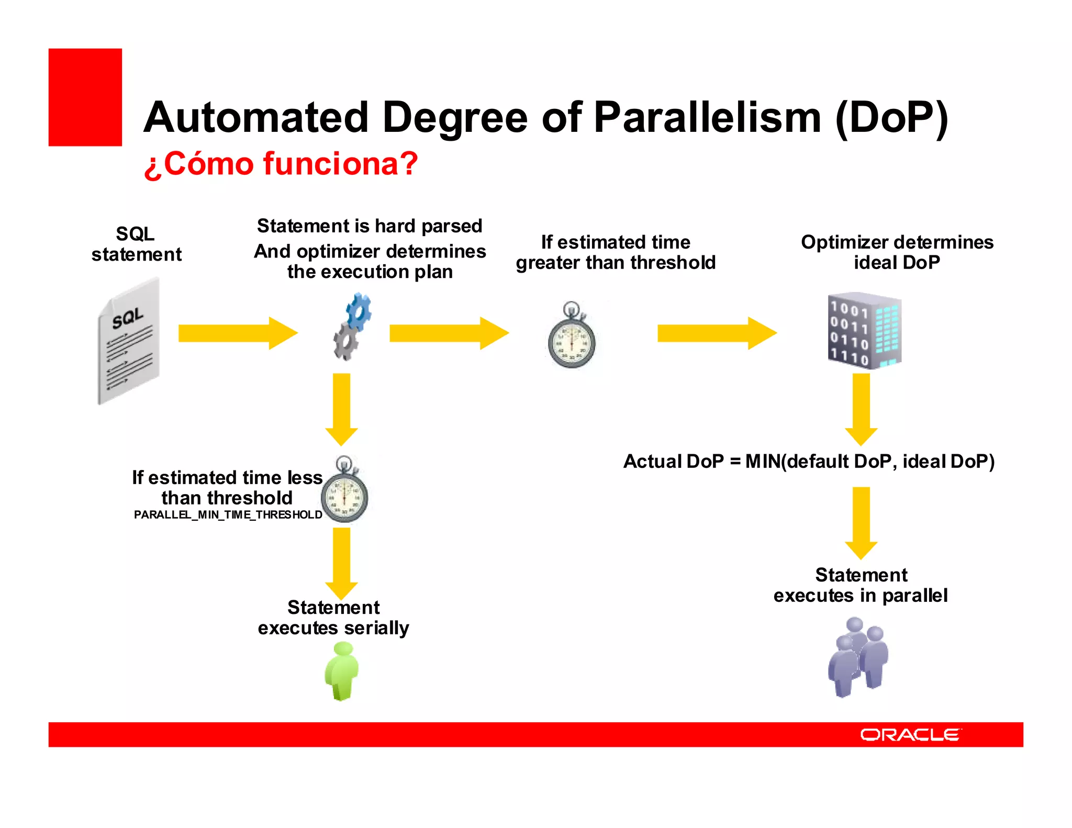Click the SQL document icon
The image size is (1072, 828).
tap(129, 342)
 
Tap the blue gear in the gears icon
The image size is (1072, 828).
tap(359, 312)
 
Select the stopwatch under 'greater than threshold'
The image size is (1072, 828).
tap(571, 338)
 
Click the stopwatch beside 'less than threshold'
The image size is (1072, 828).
tap(344, 492)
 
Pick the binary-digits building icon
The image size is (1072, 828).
tap(864, 331)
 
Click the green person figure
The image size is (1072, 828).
tap(342, 671)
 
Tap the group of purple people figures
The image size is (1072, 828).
tap(858, 657)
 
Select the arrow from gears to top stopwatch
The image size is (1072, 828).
tap(449, 333)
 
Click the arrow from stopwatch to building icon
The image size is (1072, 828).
tap(717, 333)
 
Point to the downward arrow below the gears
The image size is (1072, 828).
tap(341, 409)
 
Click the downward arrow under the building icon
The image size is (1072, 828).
tap(861, 409)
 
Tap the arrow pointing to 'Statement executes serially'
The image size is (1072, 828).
tap(341, 563)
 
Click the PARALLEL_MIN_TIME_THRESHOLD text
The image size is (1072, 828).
tap(228, 515)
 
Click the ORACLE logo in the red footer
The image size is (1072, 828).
tap(910, 735)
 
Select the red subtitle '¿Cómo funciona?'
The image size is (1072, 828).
tap(281, 164)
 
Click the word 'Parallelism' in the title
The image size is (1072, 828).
tap(707, 117)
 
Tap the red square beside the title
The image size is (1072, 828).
tap(85, 97)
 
